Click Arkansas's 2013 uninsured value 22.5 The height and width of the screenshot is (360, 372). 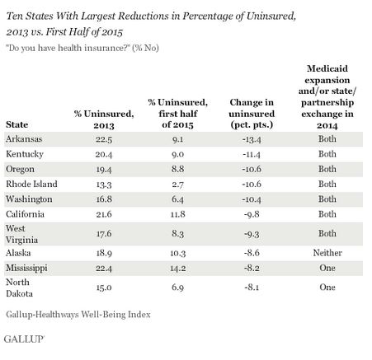(104, 139)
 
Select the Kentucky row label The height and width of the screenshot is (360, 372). (25, 154)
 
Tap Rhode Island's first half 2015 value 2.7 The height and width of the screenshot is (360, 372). (177, 185)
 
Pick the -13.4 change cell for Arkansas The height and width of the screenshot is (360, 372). (252, 139)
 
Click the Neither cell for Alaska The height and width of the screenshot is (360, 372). (327, 253)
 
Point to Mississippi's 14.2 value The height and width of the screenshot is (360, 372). (177, 268)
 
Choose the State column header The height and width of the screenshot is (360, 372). (16, 124)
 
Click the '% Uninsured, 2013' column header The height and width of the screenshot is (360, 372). (104, 119)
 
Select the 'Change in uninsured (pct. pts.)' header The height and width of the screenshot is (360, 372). (252, 114)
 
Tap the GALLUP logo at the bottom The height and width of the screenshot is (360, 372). (24, 339)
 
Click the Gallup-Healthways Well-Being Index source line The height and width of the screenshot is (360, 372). (78, 315)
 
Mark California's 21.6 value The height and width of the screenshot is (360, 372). (104, 214)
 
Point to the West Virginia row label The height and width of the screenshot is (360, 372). (21, 234)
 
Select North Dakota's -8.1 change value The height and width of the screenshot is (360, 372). (252, 288)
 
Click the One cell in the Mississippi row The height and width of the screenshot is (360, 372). (327, 268)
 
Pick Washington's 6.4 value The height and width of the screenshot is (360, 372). (177, 199)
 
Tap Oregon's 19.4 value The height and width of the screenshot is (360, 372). (104, 170)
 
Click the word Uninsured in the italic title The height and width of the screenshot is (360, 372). (271, 16)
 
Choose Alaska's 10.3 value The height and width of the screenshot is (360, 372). (177, 253)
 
